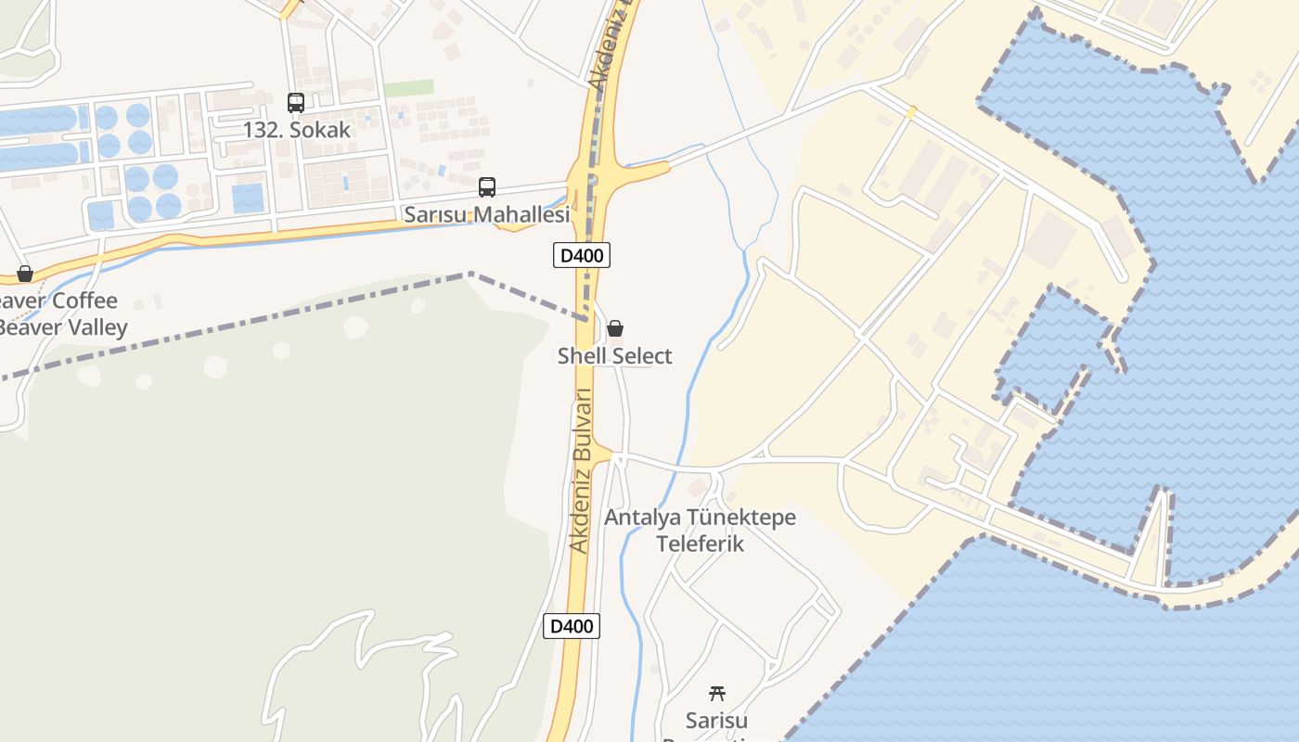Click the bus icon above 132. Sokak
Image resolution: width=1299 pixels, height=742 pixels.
click(296, 103)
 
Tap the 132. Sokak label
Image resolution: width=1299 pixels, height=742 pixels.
click(297, 130)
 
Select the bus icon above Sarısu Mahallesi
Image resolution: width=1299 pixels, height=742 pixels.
click(487, 187)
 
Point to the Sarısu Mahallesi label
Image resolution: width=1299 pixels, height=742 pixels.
click(486, 215)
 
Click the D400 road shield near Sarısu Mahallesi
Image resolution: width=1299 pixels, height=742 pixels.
click(582, 255)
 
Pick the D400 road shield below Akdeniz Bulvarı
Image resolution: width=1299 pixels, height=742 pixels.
click(572, 626)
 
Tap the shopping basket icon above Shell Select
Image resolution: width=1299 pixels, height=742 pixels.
click(614, 328)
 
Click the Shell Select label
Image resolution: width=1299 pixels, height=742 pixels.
click(614, 356)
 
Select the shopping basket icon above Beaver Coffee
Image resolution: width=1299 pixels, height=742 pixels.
click(25, 274)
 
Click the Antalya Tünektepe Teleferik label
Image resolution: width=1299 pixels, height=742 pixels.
click(701, 531)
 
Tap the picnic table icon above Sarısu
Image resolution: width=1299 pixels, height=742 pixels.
click(716, 693)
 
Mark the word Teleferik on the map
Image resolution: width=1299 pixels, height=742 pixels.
click(701, 544)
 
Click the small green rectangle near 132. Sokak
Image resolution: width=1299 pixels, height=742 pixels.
click(408, 88)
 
